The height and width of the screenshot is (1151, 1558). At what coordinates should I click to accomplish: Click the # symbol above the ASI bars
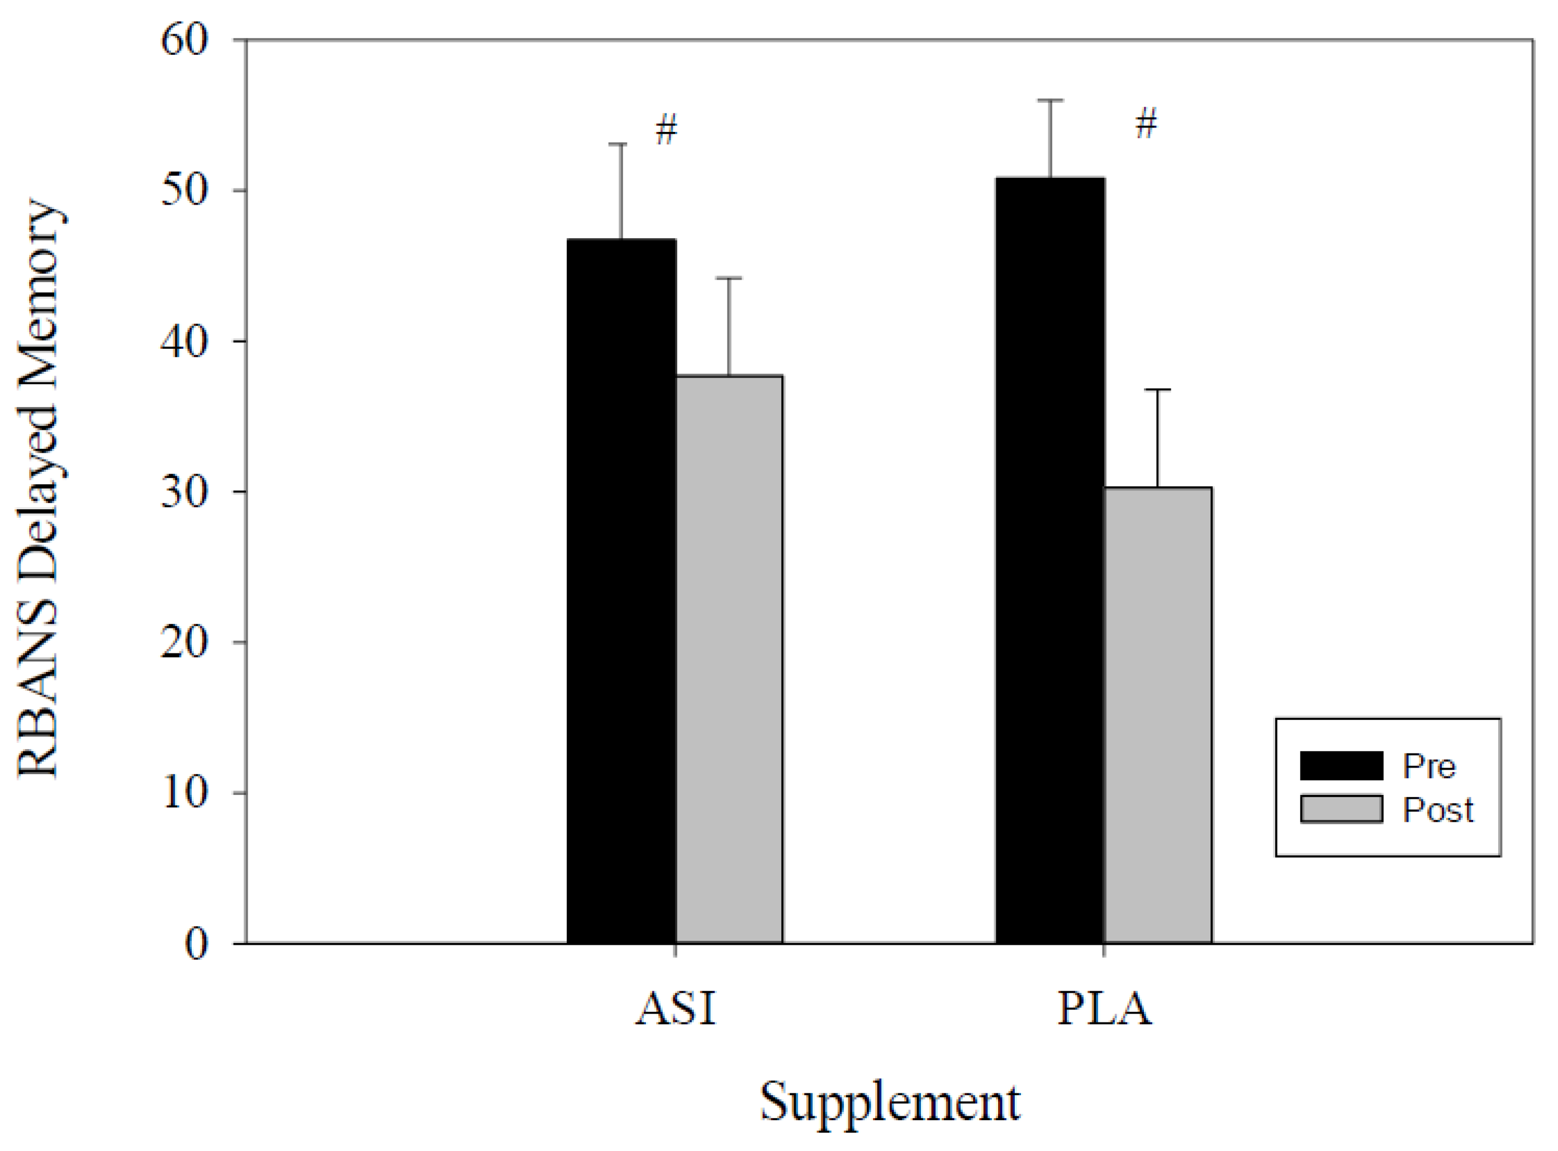667,130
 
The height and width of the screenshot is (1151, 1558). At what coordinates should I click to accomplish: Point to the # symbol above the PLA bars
1146,124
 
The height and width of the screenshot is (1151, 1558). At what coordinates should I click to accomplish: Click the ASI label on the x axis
676,1008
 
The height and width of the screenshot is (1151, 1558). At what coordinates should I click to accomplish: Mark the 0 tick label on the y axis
196,944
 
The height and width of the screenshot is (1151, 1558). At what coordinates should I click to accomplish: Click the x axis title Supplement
890,1103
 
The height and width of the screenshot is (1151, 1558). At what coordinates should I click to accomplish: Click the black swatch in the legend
1341,766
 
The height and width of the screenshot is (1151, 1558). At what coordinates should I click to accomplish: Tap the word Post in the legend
1437,809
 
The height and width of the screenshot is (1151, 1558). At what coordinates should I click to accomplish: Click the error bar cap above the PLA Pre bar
1050,100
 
